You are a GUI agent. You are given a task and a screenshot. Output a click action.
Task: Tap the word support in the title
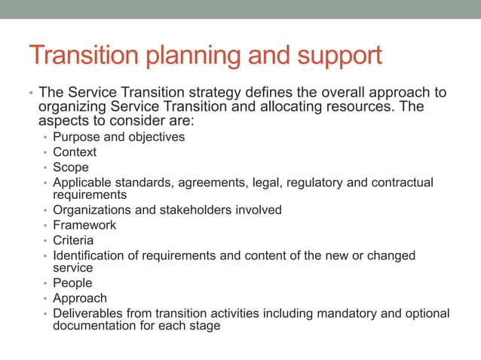(339, 55)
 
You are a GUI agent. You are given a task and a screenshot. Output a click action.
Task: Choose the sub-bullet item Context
(75, 152)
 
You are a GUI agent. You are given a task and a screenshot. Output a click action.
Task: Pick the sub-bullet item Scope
(71, 167)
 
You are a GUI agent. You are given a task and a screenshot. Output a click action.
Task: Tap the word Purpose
(77, 137)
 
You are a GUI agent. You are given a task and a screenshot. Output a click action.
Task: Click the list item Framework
(84, 225)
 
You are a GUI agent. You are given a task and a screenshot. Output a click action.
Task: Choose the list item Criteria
(73, 240)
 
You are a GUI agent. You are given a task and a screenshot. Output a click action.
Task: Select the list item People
(72, 283)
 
